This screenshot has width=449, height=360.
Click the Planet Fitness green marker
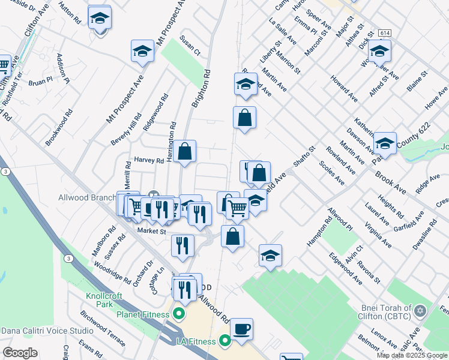(x=178, y=313)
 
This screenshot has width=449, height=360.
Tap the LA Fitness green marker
(x=225, y=341)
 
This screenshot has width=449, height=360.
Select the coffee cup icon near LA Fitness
(x=241, y=329)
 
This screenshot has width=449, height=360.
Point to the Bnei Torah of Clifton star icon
(x=421, y=311)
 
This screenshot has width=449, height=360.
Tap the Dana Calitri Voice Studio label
(x=47, y=330)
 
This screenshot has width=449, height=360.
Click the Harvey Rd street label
(x=149, y=160)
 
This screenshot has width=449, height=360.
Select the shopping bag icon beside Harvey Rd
(x=185, y=152)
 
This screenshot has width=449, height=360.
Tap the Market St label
(x=151, y=230)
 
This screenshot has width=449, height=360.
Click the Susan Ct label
(x=189, y=49)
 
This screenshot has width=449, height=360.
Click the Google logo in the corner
(x=20, y=352)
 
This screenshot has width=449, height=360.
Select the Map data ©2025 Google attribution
(x=412, y=355)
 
